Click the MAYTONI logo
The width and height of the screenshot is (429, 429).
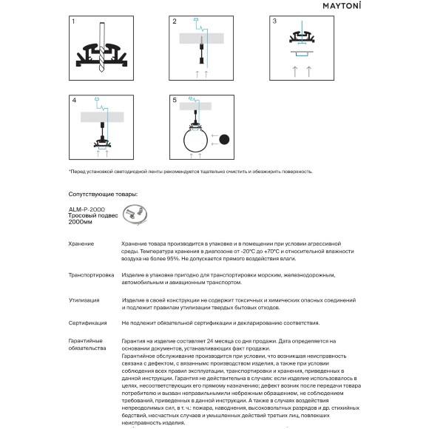pyautogui.click(x=342, y=6)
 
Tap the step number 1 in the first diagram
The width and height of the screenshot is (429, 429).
pyautogui.click(x=73, y=21)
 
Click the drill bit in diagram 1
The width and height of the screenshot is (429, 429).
pyautogui.click(x=101, y=47)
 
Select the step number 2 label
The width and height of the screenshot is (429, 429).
pyautogui.click(x=175, y=21)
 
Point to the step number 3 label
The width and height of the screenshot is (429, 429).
pyautogui.click(x=274, y=21)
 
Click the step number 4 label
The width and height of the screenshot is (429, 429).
pyautogui.click(x=74, y=101)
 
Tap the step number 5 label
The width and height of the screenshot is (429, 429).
pyautogui.click(x=175, y=100)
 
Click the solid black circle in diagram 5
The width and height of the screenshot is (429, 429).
pyautogui.click(x=224, y=140)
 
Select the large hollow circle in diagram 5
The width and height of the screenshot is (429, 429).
pyautogui.click(x=183, y=141)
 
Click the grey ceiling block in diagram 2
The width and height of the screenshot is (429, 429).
pyautogui.click(x=202, y=38)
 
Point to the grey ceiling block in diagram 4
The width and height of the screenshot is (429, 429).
pyautogui.click(x=102, y=117)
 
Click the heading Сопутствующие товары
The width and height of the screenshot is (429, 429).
pyautogui.click(x=103, y=195)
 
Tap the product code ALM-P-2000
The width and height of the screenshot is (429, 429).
pyautogui.click(x=87, y=209)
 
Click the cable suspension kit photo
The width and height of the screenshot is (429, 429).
pyautogui.click(x=135, y=214)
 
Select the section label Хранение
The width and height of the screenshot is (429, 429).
pyautogui.click(x=81, y=244)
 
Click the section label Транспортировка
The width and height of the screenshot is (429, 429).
pyautogui.click(x=91, y=275)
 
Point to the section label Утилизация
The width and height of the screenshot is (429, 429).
pyautogui.click(x=84, y=300)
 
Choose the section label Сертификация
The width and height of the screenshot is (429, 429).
pyautogui.click(x=87, y=323)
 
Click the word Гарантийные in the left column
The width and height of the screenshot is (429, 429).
pyautogui.click(x=85, y=341)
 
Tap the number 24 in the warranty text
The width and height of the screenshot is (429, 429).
pyautogui.click(x=210, y=341)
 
